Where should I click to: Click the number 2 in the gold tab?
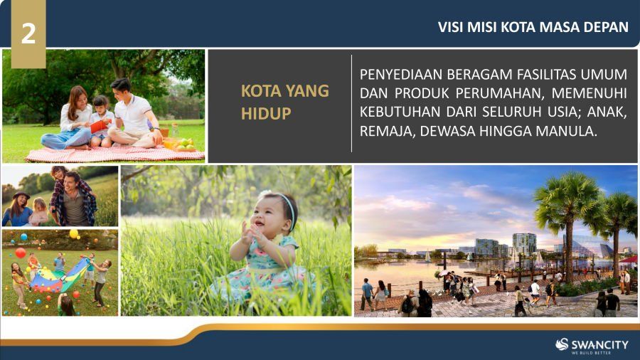pyautogui.click(x=28, y=33)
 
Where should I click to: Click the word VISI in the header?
pyautogui.click(x=451, y=27)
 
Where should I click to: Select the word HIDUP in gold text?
pyautogui.click(x=266, y=113)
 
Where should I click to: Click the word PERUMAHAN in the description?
pyautogui.click(x=499, y=93)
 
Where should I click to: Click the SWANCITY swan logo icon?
pyautogui.click(x=562, y=344)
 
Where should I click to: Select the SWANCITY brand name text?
pyautogui.click(x=600, y=344)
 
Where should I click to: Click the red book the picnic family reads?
pyautogui.click(x=99, y=126)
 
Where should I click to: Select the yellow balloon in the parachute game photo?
pyautogui.click(x=74, y=234)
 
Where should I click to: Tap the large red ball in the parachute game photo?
pyautogui.click(x=20, y=253)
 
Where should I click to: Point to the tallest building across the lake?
pyautogui.click(x=525, y=244)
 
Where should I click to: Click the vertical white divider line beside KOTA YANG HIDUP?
pyautogui.click(x=351, y=104)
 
